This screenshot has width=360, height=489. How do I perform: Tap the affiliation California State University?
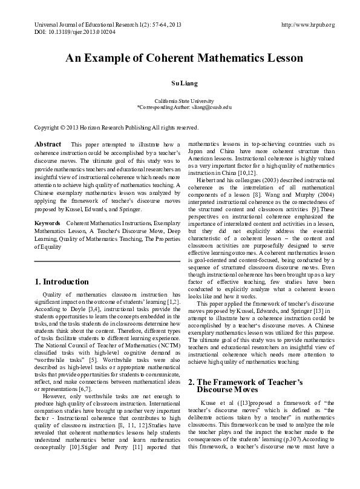[180, 100]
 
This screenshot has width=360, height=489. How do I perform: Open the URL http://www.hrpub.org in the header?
[308, 25]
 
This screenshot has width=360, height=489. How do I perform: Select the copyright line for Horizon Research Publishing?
[116, 128]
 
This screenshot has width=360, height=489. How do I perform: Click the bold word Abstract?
[48, 145]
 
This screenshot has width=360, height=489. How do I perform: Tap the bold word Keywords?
[47, 224]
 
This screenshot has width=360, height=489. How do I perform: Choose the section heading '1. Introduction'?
[62, 281]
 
